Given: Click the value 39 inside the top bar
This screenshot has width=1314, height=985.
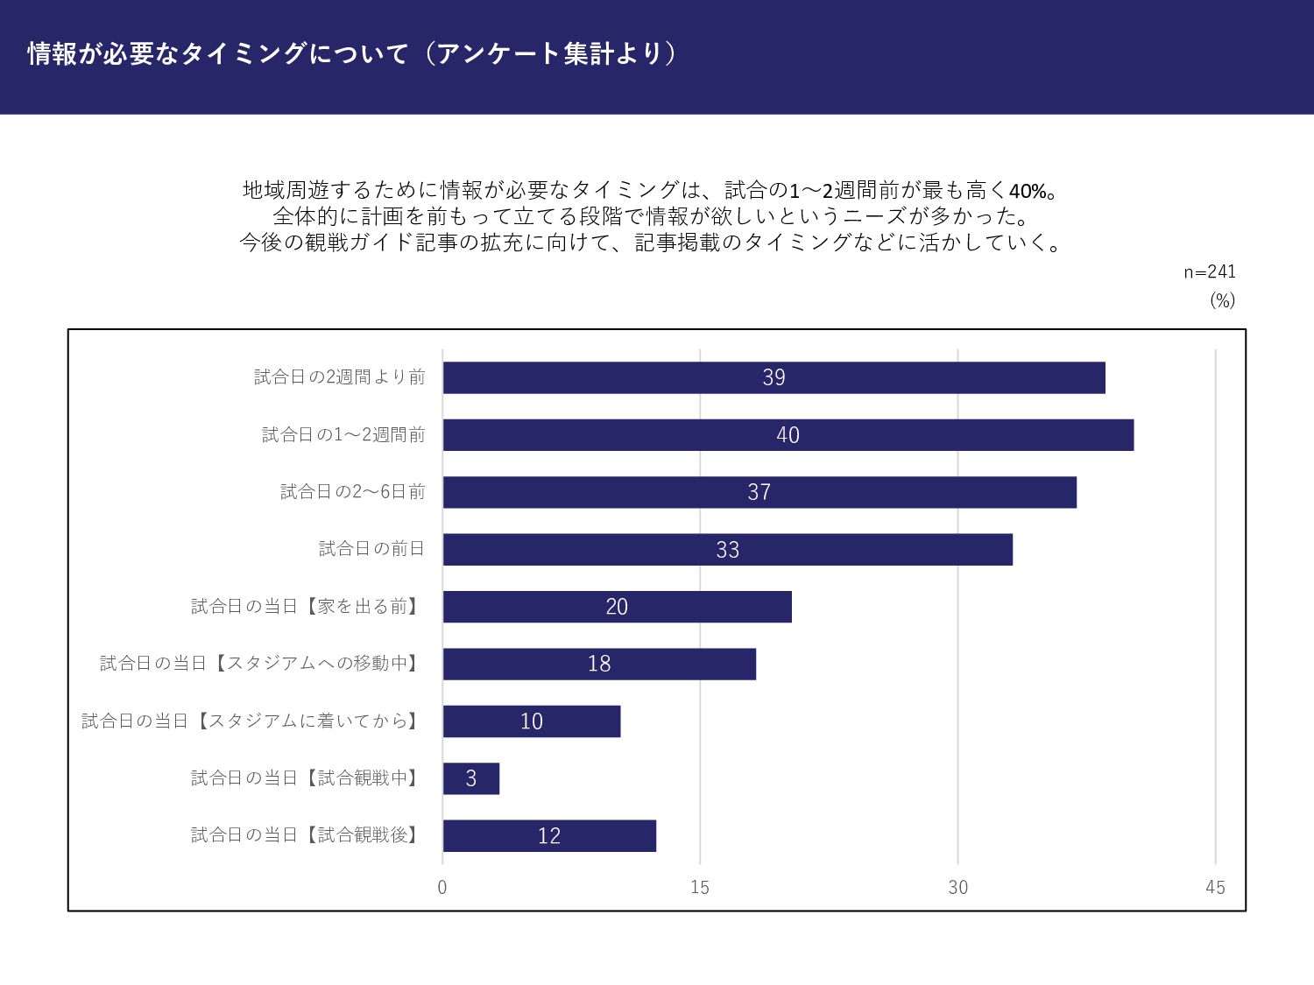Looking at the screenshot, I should [x=774, y=377].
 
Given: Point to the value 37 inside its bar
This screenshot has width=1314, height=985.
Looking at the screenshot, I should [x=759, y=492].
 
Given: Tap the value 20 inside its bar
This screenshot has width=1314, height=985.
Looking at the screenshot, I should [x=617, y=607].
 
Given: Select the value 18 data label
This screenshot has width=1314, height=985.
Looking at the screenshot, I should [x=599, y=664].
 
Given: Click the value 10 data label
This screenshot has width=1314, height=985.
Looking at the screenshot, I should [x=532, y=721].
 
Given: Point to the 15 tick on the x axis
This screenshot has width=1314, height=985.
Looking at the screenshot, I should [x=700, y=888].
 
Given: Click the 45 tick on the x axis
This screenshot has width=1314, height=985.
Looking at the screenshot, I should [x=1215, y=888].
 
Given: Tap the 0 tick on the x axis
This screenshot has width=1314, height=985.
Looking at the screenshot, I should [x=442, y=888].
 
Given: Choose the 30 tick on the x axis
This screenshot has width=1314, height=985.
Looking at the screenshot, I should [x=958, y=888].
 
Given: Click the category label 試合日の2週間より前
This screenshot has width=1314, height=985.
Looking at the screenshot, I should [x=340, y=377].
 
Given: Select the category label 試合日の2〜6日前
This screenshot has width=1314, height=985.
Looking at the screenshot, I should [x=353, y=492].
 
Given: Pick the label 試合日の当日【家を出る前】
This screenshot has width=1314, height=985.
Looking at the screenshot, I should [x=307, y=607].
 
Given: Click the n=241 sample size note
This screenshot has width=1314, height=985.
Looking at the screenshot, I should [x=1210, y=272].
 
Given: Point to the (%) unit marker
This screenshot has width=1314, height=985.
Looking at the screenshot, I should [x=1222, y=300].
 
